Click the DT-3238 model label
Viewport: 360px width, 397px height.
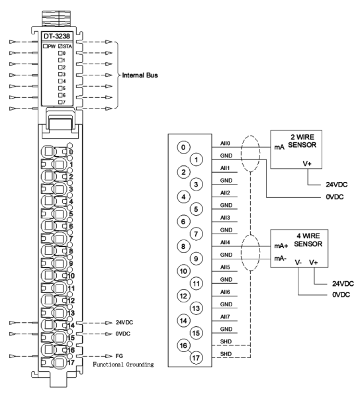pyautogui.click(x=57, y=36)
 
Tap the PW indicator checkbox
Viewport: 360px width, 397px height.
pyautogui.click(x=45, y=46)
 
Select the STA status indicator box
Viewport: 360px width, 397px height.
pyautogui.click(x=60, y=46)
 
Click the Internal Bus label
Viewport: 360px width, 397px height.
pyautogui.click(x=140, y=75)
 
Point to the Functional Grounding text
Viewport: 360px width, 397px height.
pyautogui.click(x=123, y=365)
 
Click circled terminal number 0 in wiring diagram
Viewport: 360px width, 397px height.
pyautogui.click(x=183, y=147)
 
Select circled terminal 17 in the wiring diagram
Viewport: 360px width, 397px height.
pyautogui.click(x=196, y=358)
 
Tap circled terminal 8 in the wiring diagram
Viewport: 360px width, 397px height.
pyautogui.click(x=183, y=246)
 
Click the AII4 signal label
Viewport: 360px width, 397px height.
pyautogui.click(x=225, y=242)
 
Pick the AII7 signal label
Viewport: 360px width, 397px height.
pyautogui.click(x=225, y=317)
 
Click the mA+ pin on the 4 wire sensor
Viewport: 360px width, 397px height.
pyautogui.click(x=281, y=246)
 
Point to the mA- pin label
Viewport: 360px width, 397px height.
pyautogui.click(x=280, y=259)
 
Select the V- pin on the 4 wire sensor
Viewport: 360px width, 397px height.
pyautogui.click(x=298, y=263)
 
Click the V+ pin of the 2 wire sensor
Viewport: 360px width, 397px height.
pyautogui.click(x=307, y=163)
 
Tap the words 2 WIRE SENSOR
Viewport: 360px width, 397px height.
pyautogui.click(x=302, y=141)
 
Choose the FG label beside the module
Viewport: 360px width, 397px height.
pyautogui.click(x=119, y=356)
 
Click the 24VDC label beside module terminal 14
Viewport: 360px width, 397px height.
pyautogui.click(x=124, y=322)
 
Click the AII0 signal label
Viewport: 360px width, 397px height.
pyautogui.click(x=225, y=144)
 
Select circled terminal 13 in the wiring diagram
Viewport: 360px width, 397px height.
pyautogui.click(x=196, y=308)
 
